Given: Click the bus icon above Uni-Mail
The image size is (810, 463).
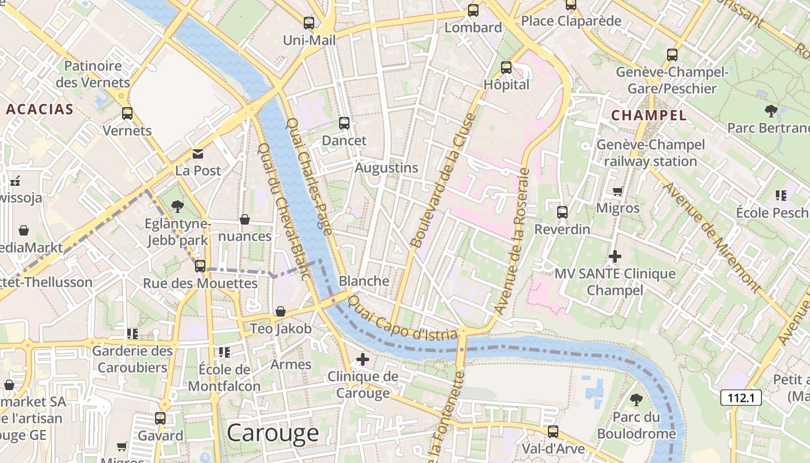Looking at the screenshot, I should (x=309, y=23).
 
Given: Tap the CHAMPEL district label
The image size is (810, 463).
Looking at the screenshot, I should (x=649, y=115).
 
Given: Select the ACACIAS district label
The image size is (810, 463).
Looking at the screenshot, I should (x=40, y=109).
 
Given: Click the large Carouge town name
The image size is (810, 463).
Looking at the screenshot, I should (x=273, y=433).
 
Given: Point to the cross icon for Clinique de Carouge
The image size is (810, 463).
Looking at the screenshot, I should (x=363, y=359).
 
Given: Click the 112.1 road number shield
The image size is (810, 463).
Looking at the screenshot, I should (x=741, y=398).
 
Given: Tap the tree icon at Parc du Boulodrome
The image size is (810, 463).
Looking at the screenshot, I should (x=636, y=399).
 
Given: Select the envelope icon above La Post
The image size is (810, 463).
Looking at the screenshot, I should (x=198, y=154).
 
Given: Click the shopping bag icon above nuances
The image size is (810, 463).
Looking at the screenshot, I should (x=245, y=219).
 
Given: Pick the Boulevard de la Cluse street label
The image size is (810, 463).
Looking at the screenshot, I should (x=442, y=181).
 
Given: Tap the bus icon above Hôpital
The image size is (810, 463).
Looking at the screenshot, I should (x=506, y=68).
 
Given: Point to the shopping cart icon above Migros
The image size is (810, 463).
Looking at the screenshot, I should (x=617, y=191).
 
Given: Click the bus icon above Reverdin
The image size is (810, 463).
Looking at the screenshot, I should (x=562, y=212).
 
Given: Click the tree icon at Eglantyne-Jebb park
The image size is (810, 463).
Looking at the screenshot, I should (x=178, y=207).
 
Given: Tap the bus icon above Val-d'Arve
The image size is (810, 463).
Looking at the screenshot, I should (x=553, y=432).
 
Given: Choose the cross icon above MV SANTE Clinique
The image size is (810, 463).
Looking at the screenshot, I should (x=615, y=256).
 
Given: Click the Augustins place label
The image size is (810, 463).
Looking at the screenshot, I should (x=386, y=168).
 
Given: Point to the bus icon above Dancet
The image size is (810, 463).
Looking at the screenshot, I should (x=344, y=123).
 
